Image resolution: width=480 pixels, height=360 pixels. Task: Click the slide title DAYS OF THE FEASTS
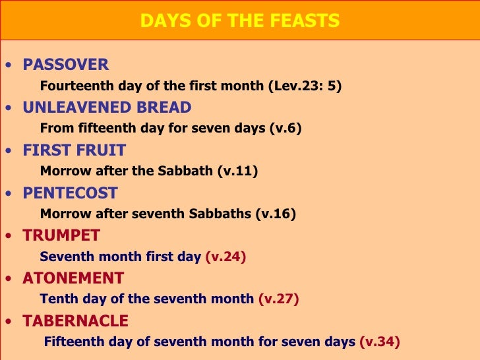pos(240,21)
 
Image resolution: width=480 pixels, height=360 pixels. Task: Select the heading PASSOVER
pos(66,65)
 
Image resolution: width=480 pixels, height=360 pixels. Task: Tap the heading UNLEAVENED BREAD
pos(107,107)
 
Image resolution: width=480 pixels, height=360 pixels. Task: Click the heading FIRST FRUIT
pos(74,150)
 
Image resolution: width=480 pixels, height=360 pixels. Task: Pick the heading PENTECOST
pos(70,193)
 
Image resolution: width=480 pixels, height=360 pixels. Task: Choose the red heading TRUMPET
pos(61,235)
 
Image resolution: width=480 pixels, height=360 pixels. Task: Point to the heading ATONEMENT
pos(73,278)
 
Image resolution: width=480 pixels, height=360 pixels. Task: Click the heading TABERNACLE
pos(76,321)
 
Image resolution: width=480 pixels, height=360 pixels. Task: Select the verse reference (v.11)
pos(237,171)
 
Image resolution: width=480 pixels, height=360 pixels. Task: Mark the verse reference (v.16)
pos(276,214)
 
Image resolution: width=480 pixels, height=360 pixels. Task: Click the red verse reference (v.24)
pos(225,256)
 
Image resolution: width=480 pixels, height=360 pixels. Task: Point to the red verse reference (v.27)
pos(278,299)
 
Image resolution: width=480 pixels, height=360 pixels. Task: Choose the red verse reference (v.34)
pos(379,342)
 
